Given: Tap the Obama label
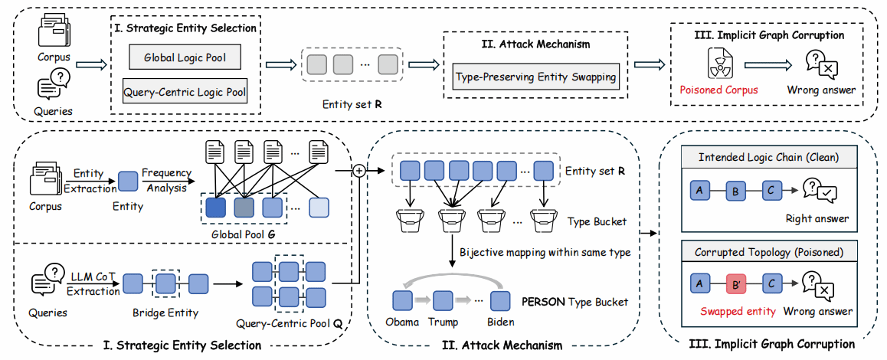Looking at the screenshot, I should pyautogui.click(x=401, y=322).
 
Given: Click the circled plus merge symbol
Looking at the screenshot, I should pyautogui.click(x=357, y=171).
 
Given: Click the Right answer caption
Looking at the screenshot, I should pyautogui.click(x=817, y=219).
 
